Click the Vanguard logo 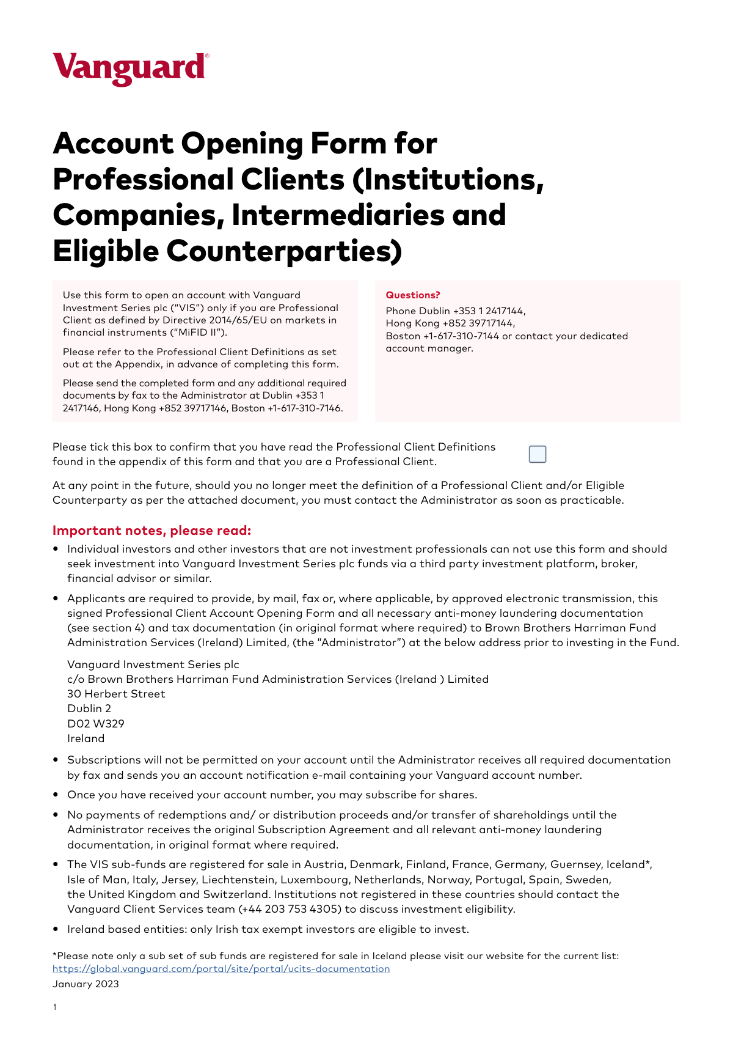point(130,68)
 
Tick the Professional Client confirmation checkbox point(538,454)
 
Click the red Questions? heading point(413,295)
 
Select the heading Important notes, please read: point(152,530)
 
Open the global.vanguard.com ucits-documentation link point(221,968)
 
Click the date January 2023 point(86,984)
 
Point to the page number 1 point(55,1007)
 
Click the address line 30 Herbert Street point(116,694)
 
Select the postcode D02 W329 point(96,723)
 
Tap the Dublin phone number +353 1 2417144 point(488,311)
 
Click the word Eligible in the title point(106,251)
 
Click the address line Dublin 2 point(89,709)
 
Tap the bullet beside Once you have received point(56,795)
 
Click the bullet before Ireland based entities point(56,929)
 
